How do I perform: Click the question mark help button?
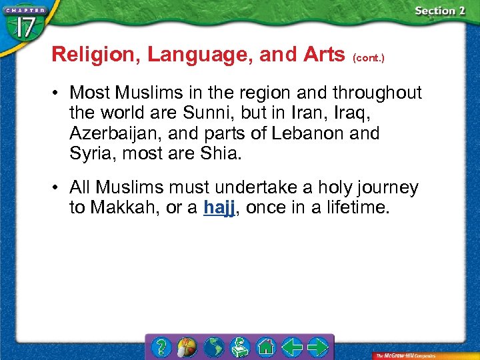coord(161,347)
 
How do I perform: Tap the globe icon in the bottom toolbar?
coord(213,347)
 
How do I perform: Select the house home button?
coord(266,347)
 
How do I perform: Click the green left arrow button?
coord(292,347)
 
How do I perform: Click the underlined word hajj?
coord(219,207)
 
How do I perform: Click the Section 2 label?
coord(439,11)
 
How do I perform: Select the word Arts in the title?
coord(321,55)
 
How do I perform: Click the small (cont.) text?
coord(369,57)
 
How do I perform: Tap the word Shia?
coord(223,153)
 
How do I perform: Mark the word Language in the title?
coord(199,55)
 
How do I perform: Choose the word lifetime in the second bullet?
coord(356,207)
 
